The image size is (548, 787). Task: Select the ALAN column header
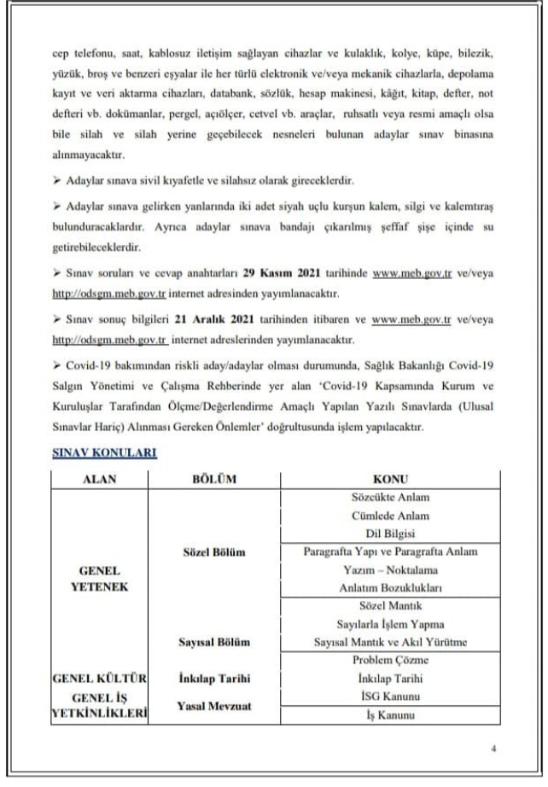[99, 479]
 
